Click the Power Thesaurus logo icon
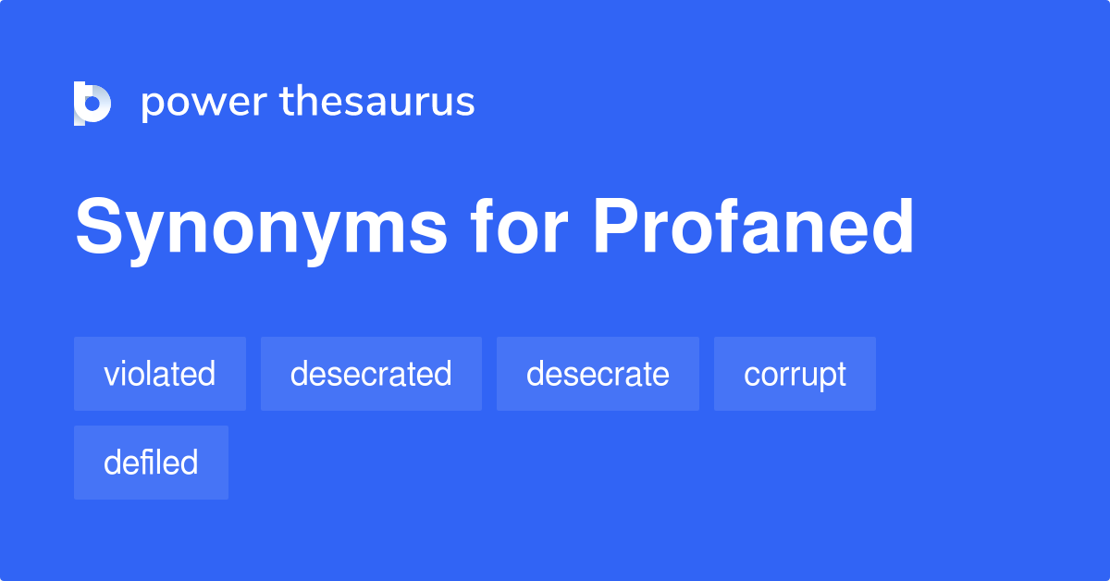point(92,103)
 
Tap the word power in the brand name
point(204,103)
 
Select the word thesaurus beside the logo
point(377,103)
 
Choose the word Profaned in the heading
point(753,228)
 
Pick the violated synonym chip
point(160,374)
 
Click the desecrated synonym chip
point(371,374)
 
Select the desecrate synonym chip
point(598,374)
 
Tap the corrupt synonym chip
point(795,374)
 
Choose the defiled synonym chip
point(151,463)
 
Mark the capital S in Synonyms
point(99,228)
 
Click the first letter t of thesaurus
point(288,103)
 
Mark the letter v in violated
point(111,376)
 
